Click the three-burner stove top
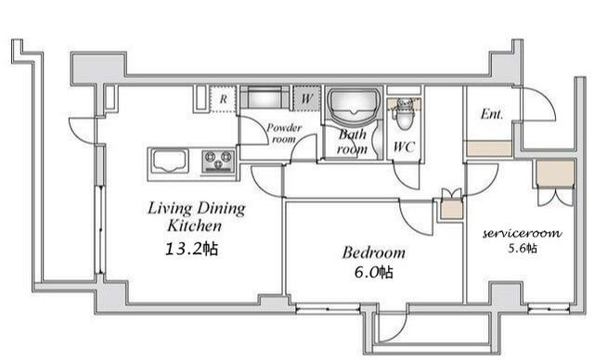pos(218,161)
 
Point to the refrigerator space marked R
pos(223,98)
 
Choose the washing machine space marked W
pos(306,98)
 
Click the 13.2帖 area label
pos(191,249)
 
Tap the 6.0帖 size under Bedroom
pos(373,272)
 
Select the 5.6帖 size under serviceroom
pos(523,249)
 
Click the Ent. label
pos(492,114)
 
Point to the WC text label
pos(405,147)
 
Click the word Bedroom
pos(373,252)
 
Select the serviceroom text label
pos(522,233)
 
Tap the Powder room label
pos(284,134)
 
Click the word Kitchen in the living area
pos(194,225)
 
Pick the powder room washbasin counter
pos(265,98)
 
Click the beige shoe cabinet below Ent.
pos(489,148)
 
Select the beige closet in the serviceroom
pos(555,174)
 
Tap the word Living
pos(170,208)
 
